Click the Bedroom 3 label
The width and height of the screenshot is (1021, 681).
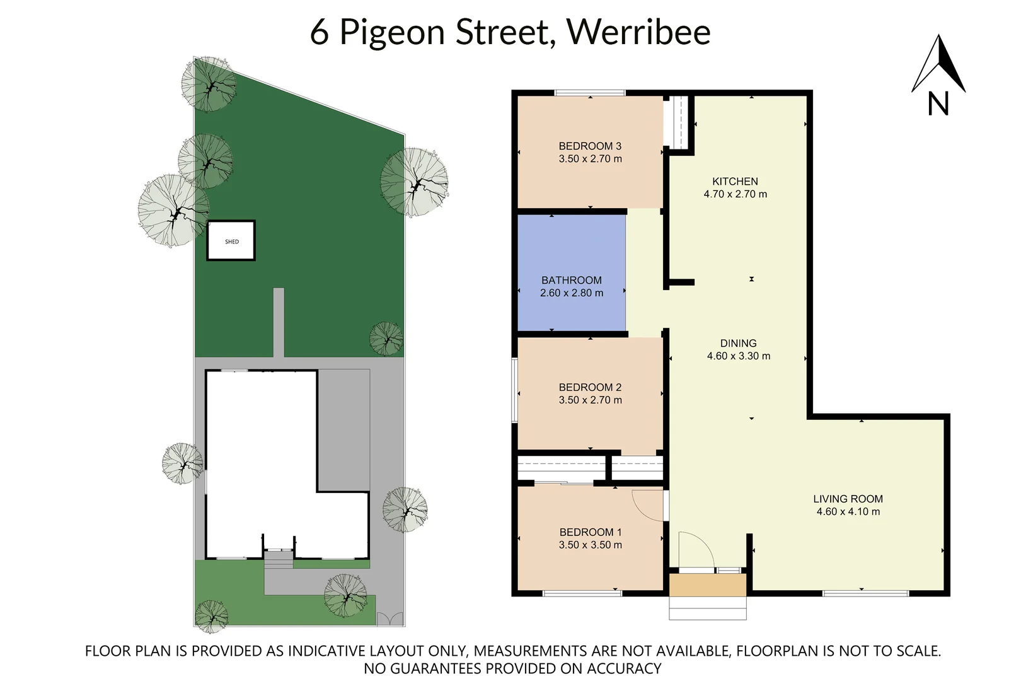(590, 146)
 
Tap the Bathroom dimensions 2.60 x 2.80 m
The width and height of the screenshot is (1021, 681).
(571, 293)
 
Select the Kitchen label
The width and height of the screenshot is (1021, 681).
(735, 182)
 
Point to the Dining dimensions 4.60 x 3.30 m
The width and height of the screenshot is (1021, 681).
(738, 356)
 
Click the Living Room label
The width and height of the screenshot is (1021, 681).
(848, 499)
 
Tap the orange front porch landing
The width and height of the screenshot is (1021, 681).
(707, 585)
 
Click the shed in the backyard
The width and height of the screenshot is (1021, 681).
(231, 241)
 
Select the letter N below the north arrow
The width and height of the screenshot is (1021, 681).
(938, 104)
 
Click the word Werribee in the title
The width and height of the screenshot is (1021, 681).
(638, 32)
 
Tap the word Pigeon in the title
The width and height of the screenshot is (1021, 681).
(392, 33)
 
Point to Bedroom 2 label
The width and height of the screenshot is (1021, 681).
(590, 388)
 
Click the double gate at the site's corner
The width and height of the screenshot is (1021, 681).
(389, 619)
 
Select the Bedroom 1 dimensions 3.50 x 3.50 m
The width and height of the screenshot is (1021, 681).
(590, 545)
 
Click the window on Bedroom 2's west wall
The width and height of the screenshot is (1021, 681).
(514, 390)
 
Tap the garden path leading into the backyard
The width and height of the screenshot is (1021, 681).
(278, 322)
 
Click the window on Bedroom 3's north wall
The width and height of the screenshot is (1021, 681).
(589, 93)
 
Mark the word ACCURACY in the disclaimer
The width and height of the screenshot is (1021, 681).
(624, 668)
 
